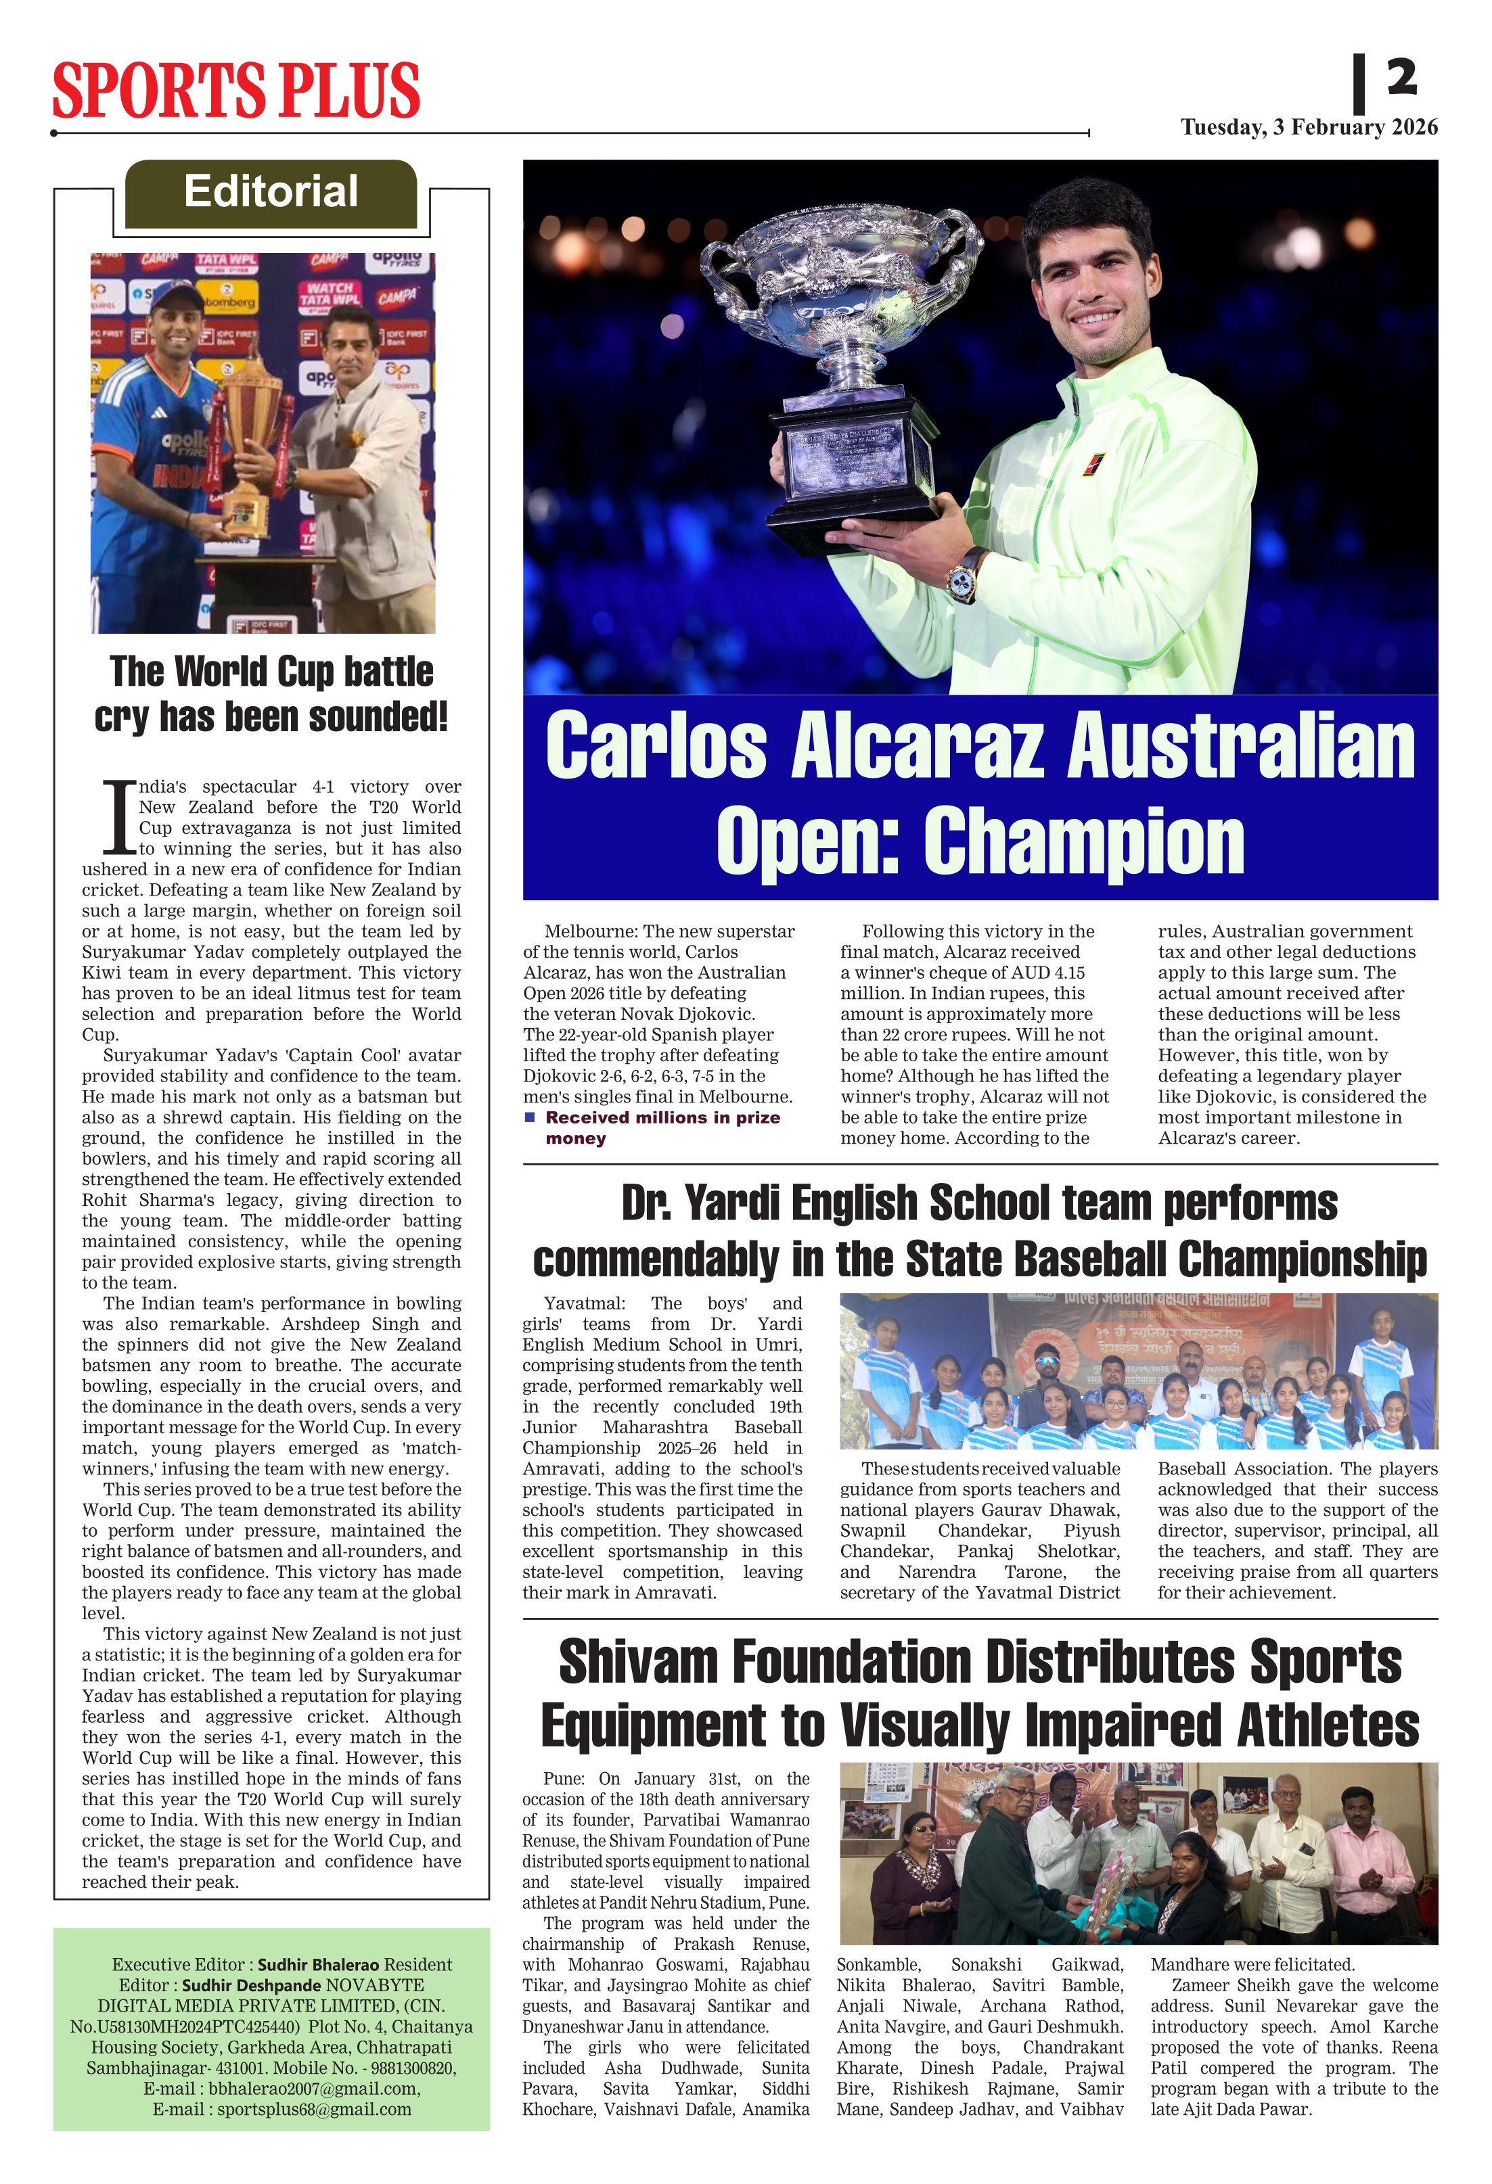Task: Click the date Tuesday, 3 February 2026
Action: [x=1309, y=128]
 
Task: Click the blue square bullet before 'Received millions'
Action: [x=529, y=1117]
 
